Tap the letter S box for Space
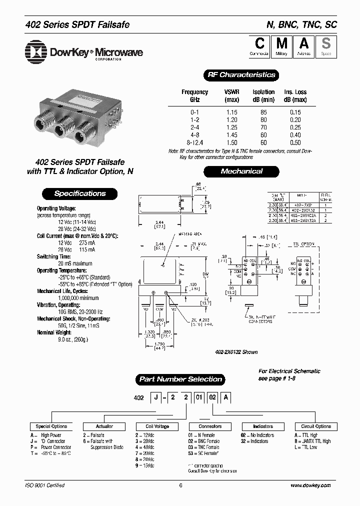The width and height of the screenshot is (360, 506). (325, 46)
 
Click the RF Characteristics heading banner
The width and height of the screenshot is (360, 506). (241, 75)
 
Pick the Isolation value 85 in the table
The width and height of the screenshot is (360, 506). (263, 112)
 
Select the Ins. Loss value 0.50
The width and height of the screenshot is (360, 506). (295, 142)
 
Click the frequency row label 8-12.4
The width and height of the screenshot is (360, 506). (194, 142)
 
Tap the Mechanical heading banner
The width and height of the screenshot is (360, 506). (241, 171)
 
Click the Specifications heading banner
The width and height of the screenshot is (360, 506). (80, 193)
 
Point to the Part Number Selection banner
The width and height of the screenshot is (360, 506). (180, 379)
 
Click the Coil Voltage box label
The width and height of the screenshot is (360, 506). (156, 426)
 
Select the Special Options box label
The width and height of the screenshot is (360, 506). (51, 426)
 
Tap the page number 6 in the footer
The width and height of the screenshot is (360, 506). (180, 485)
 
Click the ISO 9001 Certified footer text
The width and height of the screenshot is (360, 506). (45, 485)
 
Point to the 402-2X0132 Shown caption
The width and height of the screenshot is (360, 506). (235, 352)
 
